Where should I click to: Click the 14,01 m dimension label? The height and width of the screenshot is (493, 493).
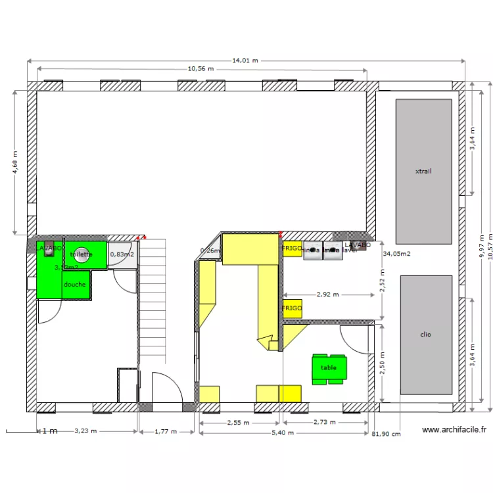pos(245,60)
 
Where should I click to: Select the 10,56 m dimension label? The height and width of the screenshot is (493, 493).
pos(201,68)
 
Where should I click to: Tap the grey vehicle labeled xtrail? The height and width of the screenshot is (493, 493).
pos(423,172)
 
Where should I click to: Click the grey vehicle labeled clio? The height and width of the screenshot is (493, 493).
pos(426,335)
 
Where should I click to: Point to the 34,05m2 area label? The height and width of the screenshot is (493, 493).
pos(397,253)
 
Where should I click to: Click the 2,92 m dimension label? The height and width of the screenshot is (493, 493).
pos(327,295)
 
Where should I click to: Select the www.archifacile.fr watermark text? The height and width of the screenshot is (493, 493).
pos(454,430)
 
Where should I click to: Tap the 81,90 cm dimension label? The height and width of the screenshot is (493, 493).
pos(386,434)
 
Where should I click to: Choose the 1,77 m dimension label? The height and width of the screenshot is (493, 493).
pos(166,431)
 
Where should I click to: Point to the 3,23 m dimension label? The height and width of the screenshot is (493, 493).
pos(85,431)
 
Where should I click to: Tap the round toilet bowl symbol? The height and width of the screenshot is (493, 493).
pos(82,257)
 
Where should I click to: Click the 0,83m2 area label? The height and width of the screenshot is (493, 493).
pos(122,254)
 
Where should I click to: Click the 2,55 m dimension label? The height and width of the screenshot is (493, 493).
pos(238,423)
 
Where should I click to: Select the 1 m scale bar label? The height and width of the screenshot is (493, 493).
pos(49,432)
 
